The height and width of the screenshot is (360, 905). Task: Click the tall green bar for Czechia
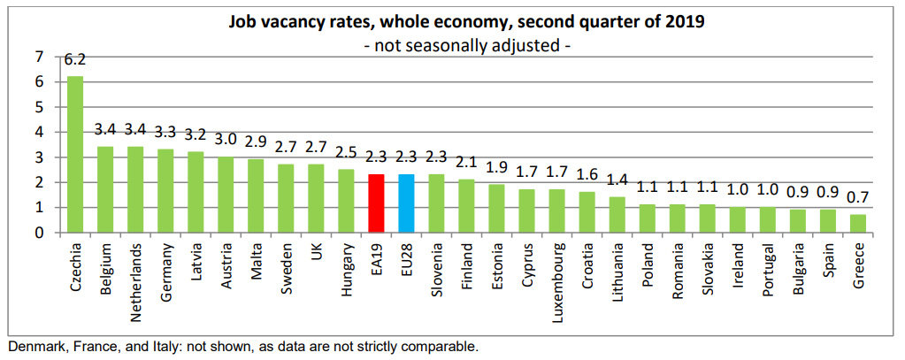pos(75,155)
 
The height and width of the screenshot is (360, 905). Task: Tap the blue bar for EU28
pos(407,203)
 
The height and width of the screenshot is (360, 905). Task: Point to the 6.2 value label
pos(75,61)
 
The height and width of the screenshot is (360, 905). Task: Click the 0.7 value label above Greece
pos(858,197)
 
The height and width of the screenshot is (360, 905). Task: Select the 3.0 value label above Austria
pos(226,140)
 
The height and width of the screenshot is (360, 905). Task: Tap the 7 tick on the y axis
pos(38,57)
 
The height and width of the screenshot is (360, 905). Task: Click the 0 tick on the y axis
pos(38,233)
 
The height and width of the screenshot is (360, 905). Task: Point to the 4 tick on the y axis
pos(38,133)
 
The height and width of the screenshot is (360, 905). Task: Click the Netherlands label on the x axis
pos(135,272)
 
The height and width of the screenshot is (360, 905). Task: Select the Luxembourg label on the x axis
pos(557,272)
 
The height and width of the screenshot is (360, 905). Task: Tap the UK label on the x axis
pos(316,252)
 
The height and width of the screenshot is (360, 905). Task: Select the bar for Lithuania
pos(617,214)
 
